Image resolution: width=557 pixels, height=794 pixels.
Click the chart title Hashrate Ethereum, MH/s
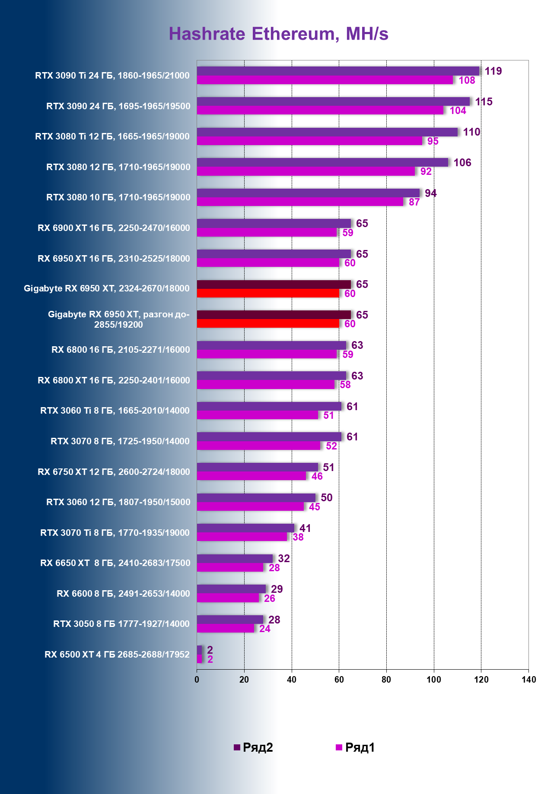tap(278, 34)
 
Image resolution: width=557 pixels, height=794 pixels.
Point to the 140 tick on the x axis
tap(528, 680)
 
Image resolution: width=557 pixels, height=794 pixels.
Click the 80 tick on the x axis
tap(386, 680)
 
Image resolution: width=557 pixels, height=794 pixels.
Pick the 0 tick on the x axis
tap(197, 680)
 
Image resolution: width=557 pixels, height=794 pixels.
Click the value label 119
tap(493, 71)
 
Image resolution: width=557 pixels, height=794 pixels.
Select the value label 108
tap(467, 80)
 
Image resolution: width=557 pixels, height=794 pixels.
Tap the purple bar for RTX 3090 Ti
tap(338, 71)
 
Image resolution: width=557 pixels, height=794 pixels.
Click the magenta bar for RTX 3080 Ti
tap(309, 141)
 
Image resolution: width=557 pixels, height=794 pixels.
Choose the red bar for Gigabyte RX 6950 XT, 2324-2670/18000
tap(268, 293)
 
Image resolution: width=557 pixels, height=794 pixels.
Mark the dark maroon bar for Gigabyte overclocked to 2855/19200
tap(274, 314)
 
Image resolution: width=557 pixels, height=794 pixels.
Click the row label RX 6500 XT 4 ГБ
tap(117, 655)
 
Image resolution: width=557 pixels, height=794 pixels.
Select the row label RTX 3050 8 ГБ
tap(121, 624)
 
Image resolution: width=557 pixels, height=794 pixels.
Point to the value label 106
tap(462, 162)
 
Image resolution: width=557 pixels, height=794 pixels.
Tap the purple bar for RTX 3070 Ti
tap(245, 528)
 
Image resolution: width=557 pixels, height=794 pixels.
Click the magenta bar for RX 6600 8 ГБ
tap(228, 598)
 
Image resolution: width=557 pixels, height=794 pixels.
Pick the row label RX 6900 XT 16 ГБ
tap(114, 228)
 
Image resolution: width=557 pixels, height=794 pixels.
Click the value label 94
tap(430, 193)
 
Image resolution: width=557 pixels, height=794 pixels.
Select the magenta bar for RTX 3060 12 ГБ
tap(250, 506)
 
